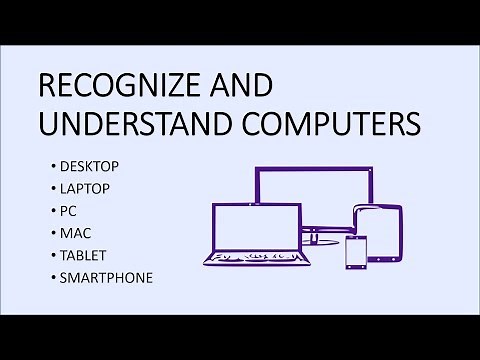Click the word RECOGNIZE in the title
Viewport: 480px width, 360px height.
[x=111, y=87]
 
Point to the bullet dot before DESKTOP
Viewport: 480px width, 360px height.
[x=50, y=164]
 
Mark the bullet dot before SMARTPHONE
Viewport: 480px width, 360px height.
[x=50, y=277]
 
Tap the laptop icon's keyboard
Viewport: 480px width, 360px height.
[x=250, y=259]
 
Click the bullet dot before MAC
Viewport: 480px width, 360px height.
[x=50, y=232]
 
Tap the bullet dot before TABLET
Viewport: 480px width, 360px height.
[x=50, y=254]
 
